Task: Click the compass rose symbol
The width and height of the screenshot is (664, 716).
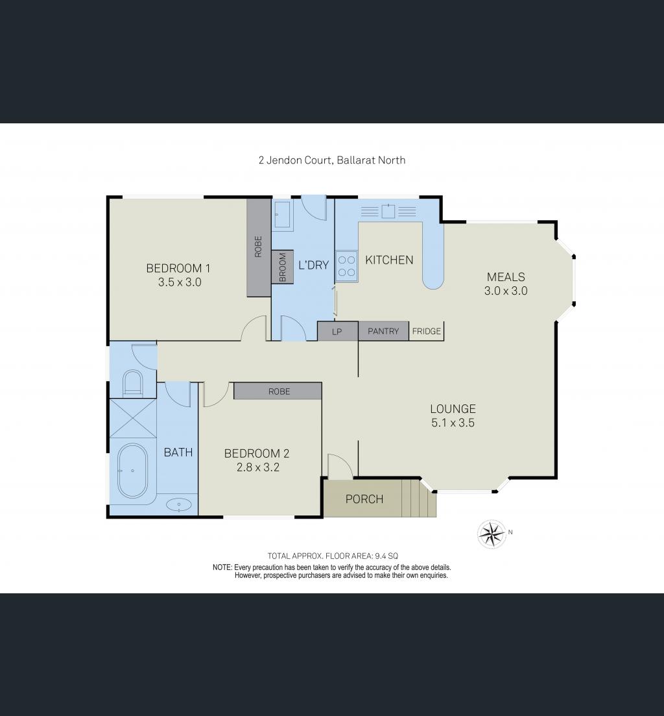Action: (x=492, y=534)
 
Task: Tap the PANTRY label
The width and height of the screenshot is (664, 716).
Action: (x=383, y=331)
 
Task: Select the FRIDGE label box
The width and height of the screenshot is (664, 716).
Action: (x=426, y=331)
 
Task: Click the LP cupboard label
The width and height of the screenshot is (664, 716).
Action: (x=337, y=331)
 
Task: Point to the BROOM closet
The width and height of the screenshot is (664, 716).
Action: (x=283, y=266)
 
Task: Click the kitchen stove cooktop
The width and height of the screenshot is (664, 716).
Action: (x=346, y=267)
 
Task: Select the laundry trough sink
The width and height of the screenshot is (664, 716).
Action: (x=283, y=214)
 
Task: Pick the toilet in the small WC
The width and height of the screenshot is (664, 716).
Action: (x=133, y=383)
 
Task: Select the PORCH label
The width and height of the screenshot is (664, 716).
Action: (x=364, y=499)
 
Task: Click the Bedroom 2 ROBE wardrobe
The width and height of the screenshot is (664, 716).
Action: (x=278, y=391)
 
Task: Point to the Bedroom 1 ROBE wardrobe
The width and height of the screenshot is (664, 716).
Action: (x=259, y=248)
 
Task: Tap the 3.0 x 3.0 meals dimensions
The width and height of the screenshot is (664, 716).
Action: (x=505, y=291)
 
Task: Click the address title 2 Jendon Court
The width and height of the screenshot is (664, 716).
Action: (x=331, y=160)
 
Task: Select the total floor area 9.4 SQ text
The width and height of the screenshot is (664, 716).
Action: (x=331, y=556)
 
